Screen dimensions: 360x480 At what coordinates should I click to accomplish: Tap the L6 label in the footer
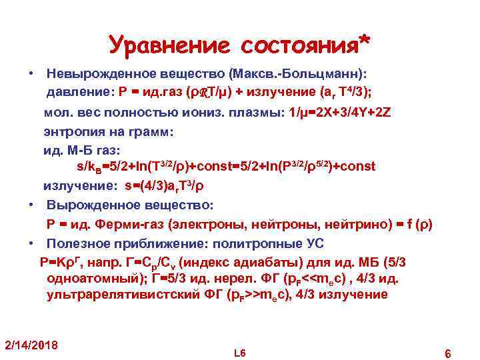240,351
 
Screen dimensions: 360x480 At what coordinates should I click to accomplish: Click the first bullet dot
31,72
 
